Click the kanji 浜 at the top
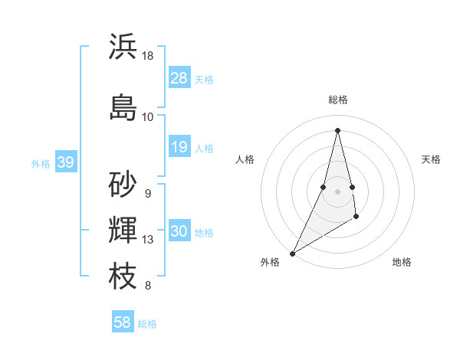click(123, 47)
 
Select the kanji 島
click(123, 107)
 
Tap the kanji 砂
click(123, 184)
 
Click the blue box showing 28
click(179, 78)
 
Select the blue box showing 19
click(179, 147)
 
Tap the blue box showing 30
click(179, 231)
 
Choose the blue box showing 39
click(66, 162)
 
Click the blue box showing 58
click(123, 322)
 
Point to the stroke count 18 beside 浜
click(148, 56)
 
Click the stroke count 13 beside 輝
click(148, 240)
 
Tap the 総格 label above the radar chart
click(337, 100)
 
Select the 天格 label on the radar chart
click(431, 159)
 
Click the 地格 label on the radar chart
click(402, 262)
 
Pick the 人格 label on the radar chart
click(245, 159)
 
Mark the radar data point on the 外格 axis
click(292, 253)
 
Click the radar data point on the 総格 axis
click(337, 129)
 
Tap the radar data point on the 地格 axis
click(356, 218)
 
